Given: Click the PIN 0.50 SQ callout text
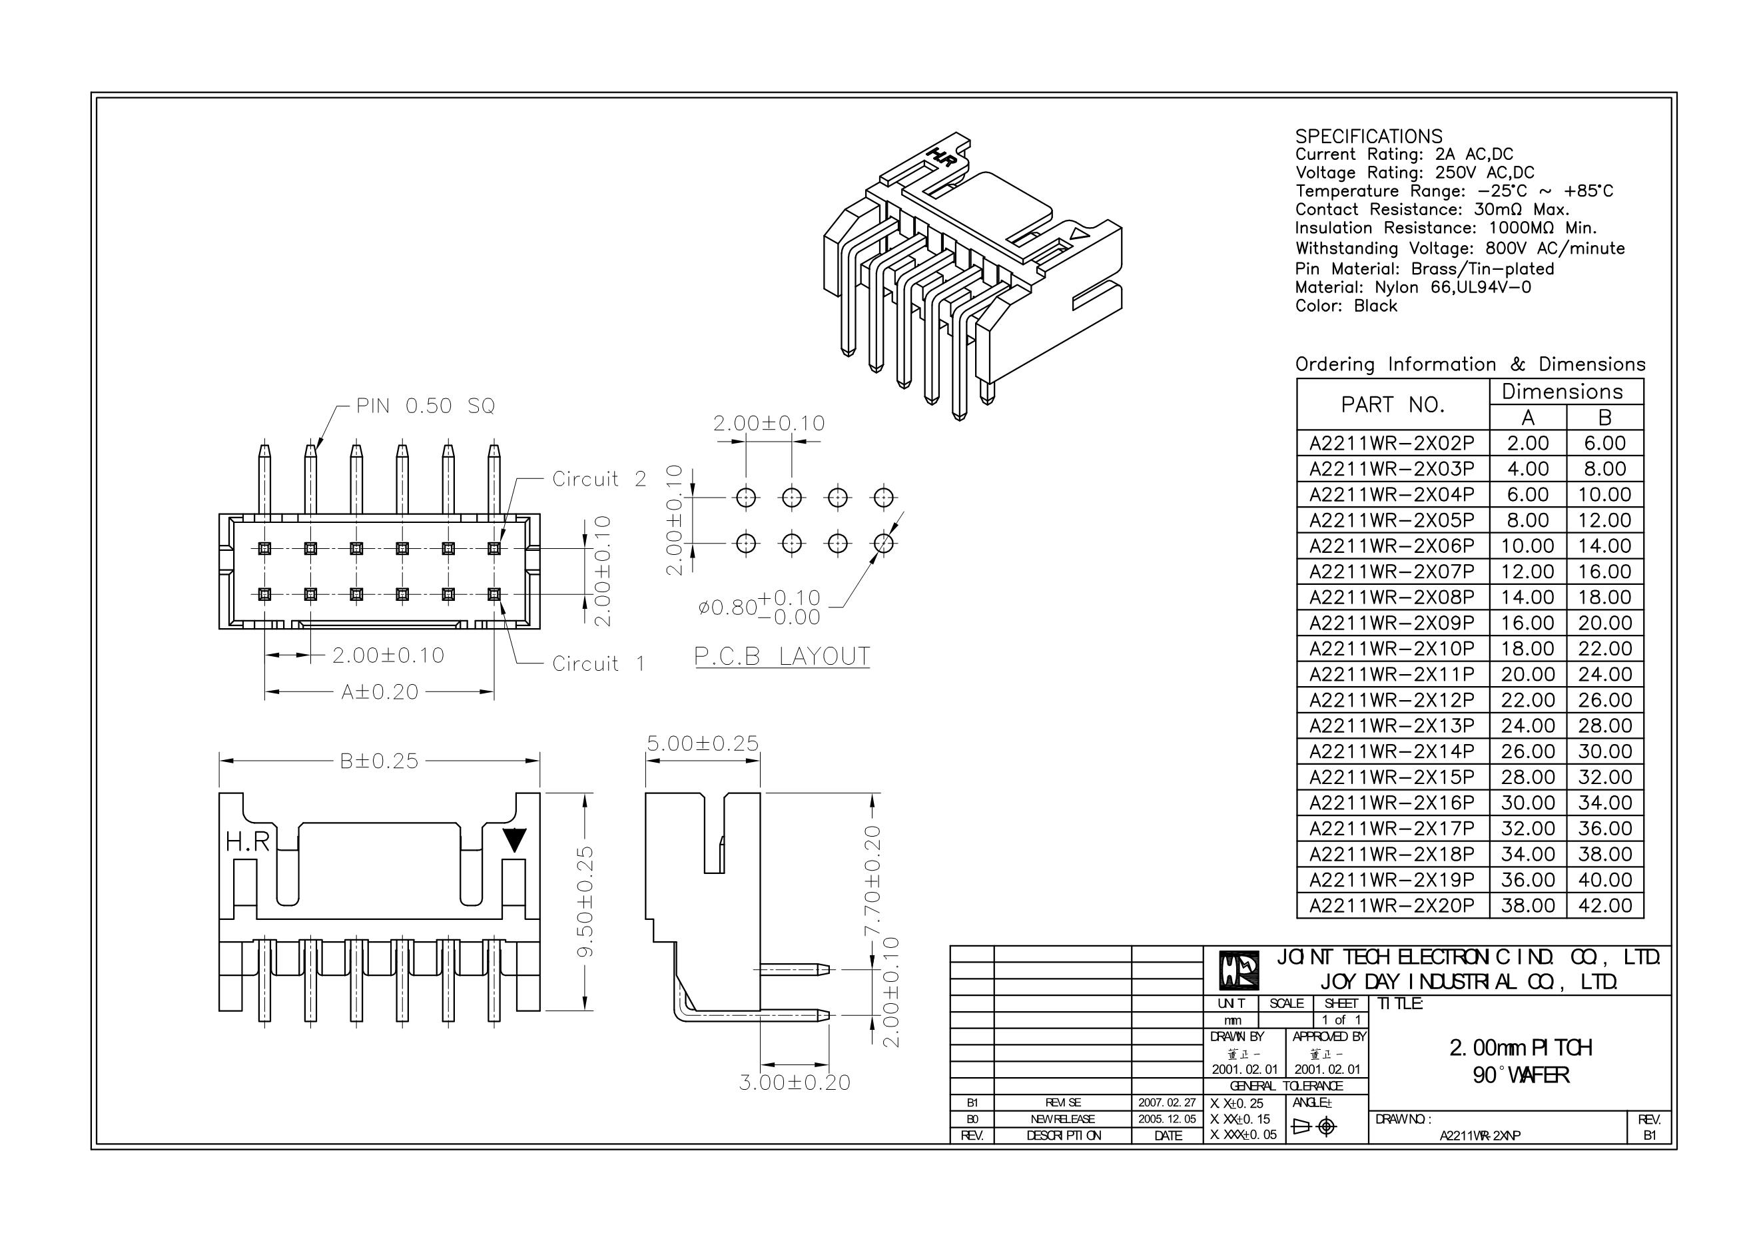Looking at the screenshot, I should [x=425, y=407].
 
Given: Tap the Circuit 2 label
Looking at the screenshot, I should [x=599, y=479].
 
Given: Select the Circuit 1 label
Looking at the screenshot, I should [x=599, y=663].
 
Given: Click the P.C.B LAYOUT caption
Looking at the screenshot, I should [x=782, y=657].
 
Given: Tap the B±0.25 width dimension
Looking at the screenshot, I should [x=379, y=761].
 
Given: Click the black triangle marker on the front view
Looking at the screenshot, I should [x=515, y=839].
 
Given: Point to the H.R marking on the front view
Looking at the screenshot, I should [x=248, y=841].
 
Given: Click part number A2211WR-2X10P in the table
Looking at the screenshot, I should [x=1391, y=649].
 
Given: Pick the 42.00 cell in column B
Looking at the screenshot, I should [x=1604, y=906].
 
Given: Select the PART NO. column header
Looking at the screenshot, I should [x=1393, y=405].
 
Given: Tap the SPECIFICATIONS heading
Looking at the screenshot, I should [x=1368, y=137].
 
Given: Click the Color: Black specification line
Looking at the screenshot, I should [x=1346, y=306].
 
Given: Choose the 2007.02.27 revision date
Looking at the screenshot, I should [x=1167, y=1102].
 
